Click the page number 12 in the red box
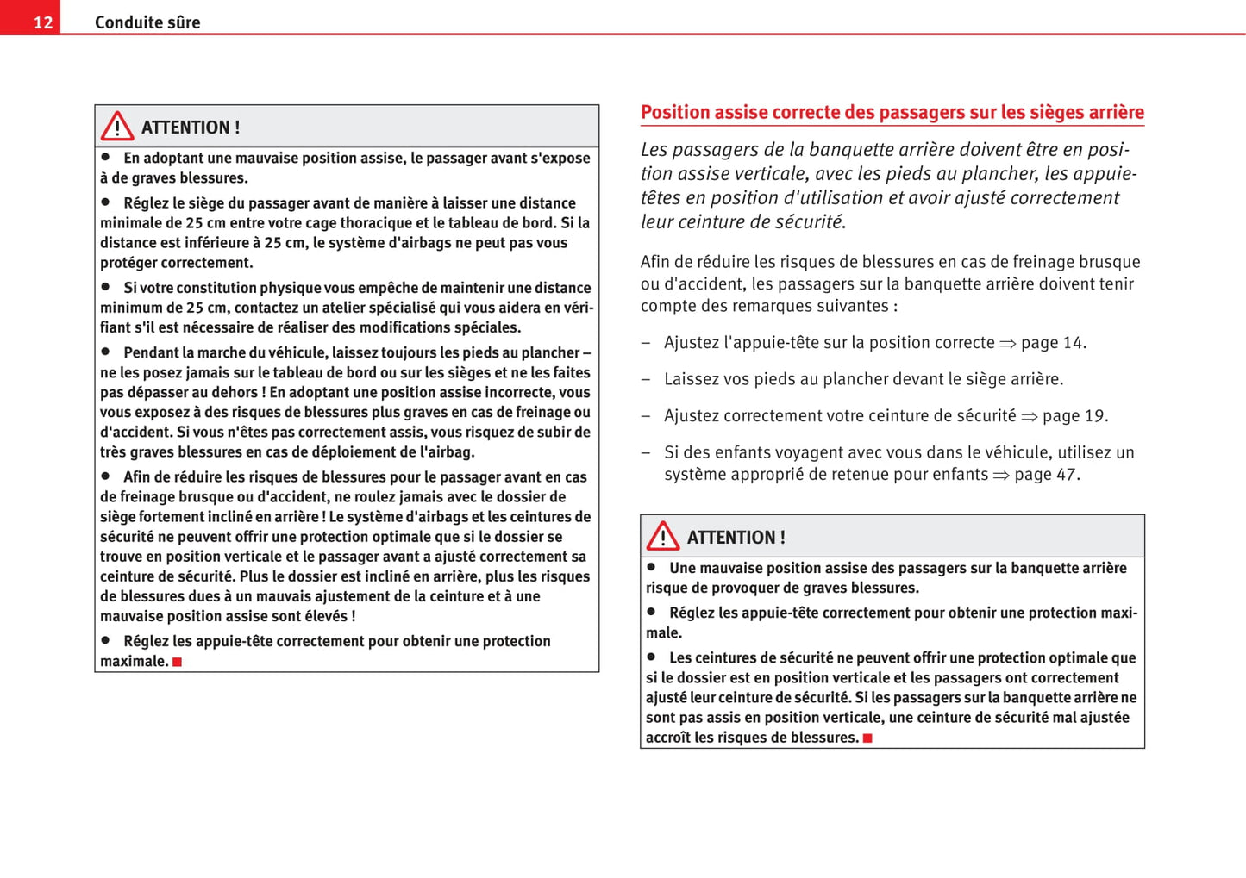[x=43, y=22]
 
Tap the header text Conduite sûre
[x=147, y=22]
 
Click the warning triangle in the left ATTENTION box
[x=117, y=127]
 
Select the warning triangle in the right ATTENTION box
[x=663, y=536]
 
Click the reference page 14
[x=1051, y=343]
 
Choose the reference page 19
[x=1073, y=416]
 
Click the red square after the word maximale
[x=177, y=662]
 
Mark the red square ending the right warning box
[x=867, y=738]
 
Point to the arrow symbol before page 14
[x=1007, y=344]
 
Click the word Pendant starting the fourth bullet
[x=151, y=352]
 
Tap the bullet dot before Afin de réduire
[x=105, y=476]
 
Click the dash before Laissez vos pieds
[x=645, y=379]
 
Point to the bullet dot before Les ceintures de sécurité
[x=651, y=657]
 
